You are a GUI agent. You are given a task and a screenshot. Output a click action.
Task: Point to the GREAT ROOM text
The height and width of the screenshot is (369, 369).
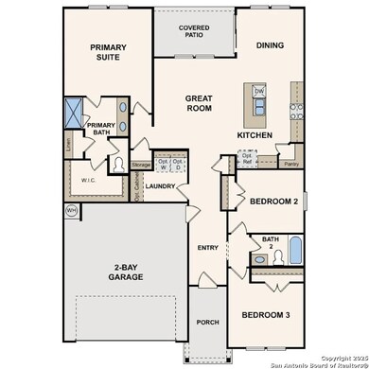[x=199, y=102]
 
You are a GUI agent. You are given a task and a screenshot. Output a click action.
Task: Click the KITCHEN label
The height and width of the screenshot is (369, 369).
[x=255, y=136]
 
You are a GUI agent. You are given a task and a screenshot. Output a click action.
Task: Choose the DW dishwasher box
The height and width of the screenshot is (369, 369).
[x=259, y=92]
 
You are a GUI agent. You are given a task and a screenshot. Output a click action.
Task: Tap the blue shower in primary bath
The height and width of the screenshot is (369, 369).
[x=73, y=113]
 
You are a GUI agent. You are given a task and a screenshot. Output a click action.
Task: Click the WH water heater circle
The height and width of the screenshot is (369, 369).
[x=70, y=210]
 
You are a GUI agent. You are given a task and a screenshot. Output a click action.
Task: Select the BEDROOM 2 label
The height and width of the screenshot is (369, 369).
[x=274, y=201]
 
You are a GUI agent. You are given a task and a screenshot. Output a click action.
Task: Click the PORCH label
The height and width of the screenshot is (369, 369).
[x=207, y=323]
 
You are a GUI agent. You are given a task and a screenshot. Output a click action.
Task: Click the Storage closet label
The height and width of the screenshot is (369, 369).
[x=141, y=165]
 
